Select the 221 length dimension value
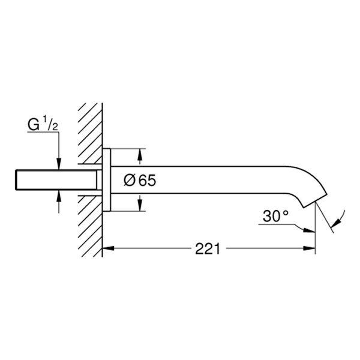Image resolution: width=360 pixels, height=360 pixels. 207,248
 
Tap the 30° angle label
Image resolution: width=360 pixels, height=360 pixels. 276,217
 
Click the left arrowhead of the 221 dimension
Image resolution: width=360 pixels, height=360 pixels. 109,248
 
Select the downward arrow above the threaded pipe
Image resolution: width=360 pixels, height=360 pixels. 58,163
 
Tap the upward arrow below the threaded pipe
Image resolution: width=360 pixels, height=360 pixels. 58,197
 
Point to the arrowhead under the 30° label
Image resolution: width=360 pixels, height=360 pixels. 310,229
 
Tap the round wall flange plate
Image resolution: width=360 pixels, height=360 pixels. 106,179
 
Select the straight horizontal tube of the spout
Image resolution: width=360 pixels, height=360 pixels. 210,179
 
